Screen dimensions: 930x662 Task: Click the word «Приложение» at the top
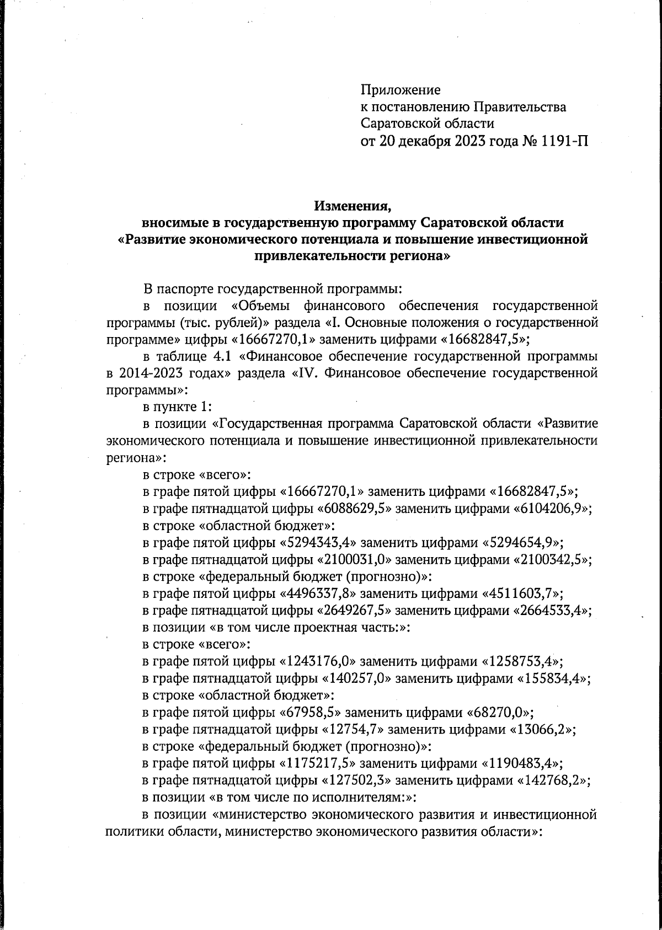tap(401, 90)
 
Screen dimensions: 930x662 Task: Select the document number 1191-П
tap(558, 142)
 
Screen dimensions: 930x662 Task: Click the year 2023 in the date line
tap(468, 142)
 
